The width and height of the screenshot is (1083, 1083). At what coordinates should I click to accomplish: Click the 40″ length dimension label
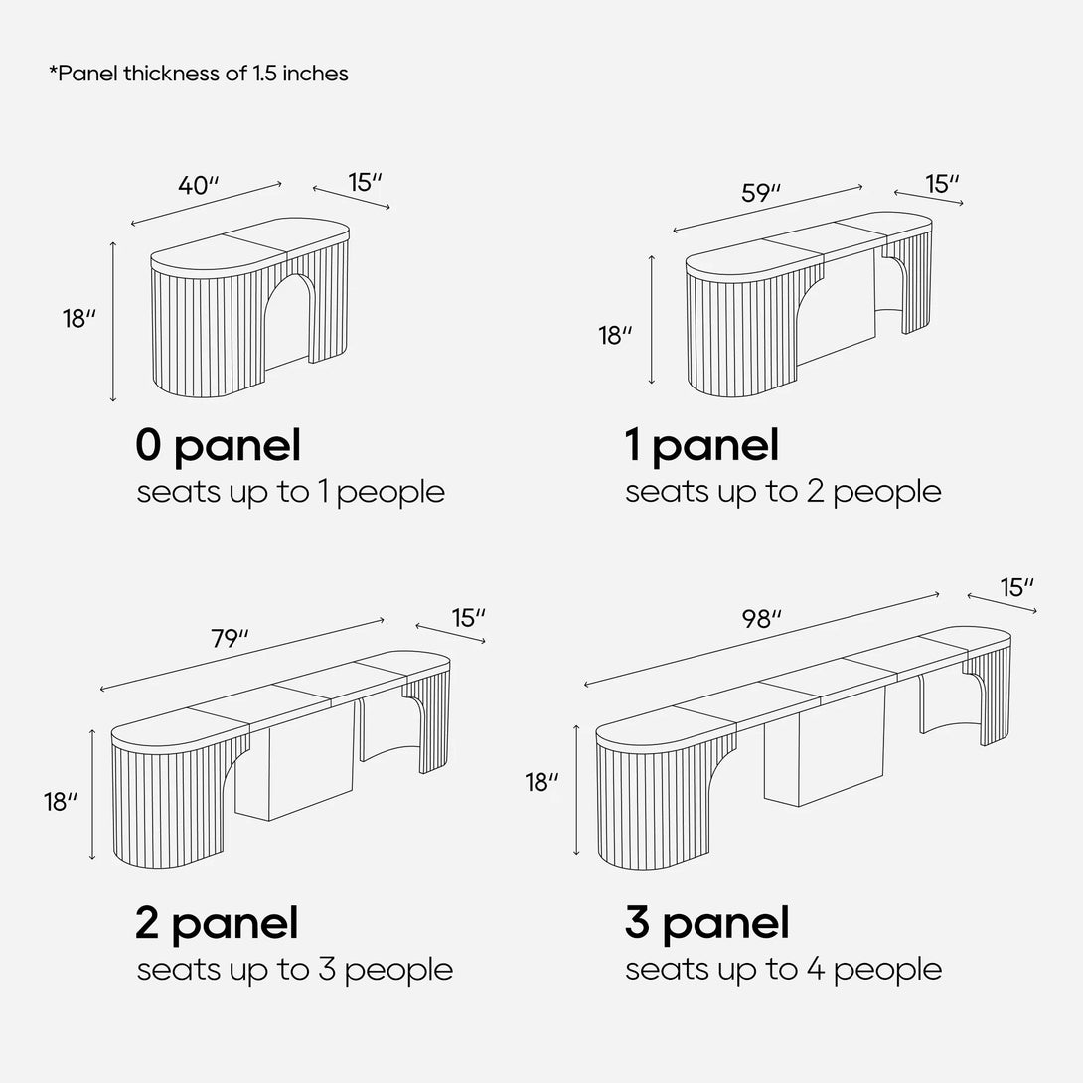199,185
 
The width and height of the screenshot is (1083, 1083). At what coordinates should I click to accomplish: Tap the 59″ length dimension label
761,193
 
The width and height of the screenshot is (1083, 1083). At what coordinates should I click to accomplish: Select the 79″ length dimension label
230,639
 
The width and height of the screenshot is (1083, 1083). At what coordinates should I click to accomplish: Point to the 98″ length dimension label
762,619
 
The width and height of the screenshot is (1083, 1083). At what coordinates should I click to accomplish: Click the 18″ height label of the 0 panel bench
79,318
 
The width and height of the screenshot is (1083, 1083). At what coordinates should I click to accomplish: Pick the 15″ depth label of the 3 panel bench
1017,588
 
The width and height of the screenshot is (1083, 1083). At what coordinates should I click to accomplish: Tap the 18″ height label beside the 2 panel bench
61,802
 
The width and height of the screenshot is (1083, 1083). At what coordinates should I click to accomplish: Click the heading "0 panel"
219,446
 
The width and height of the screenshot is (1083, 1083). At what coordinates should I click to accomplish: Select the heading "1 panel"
701,446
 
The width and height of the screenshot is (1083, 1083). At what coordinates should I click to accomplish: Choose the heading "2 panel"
217,924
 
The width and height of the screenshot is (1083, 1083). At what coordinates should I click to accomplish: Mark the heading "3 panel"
706,924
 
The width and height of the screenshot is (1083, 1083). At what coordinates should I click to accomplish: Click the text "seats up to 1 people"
291,493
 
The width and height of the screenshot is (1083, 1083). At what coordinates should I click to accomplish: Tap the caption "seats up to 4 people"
783,970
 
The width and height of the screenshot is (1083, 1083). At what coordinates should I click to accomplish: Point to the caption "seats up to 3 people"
295,970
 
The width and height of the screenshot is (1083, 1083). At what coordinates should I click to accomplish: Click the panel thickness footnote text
199,74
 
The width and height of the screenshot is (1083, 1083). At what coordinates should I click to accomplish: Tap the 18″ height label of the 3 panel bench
542,783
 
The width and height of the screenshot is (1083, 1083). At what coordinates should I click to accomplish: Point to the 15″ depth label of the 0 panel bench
366,183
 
